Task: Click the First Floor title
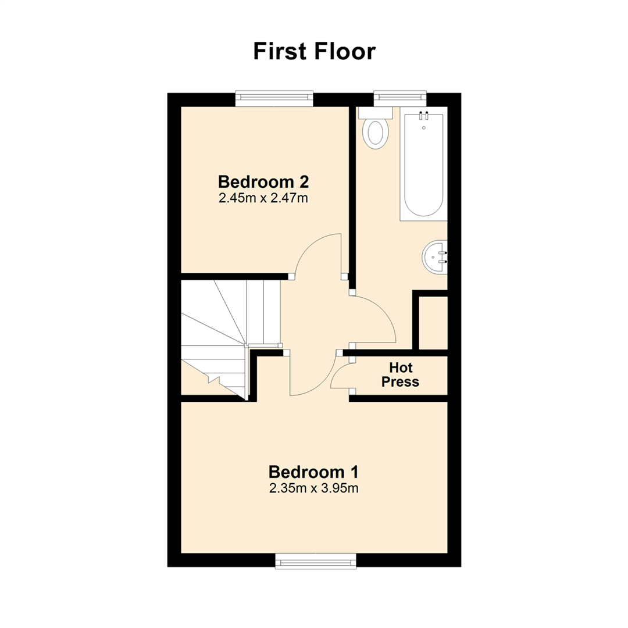coord(315,51)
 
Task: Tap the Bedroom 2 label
coord(263,182)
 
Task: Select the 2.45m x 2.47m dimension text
coord(263,198)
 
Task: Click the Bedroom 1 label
coord(313,472)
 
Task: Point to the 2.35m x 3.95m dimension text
coord(313,488)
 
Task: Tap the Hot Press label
coord(400,375)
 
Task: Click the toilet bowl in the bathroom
coord(375,134)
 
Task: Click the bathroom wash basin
coord(434,257)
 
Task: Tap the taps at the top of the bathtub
coord(423,115)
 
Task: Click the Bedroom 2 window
coord(274,98)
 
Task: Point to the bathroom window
coord(399,98)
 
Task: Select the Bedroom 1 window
coord(316,561)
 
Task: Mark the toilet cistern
coord(375,113)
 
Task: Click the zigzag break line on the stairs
coord(213,379)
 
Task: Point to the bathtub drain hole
coord(424,128)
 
